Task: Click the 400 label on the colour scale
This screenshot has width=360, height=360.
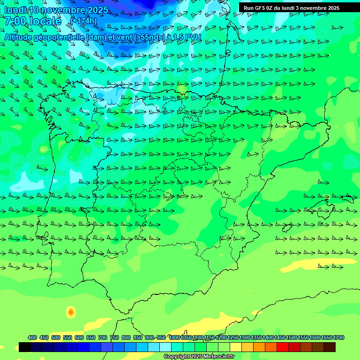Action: (x=32, y=337)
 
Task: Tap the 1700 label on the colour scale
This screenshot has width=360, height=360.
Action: (x=338, y=337)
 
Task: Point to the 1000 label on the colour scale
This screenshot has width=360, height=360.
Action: (x=174, y=337)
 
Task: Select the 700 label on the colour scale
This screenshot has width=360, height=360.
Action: (x=103, y=337)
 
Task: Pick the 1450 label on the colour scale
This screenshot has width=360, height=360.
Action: (x=280, y=337)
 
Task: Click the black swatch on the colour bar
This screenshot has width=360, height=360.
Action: (x=25, y=347)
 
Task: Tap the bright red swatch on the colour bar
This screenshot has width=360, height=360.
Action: (x=283, y=347)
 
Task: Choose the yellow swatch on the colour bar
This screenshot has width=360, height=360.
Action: (x=236, y=347)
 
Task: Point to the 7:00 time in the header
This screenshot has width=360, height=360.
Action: (x=15, y=21)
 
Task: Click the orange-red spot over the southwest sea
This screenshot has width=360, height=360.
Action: (x=70, y=311)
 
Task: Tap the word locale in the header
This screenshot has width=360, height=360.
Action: (x=45, y=21)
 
